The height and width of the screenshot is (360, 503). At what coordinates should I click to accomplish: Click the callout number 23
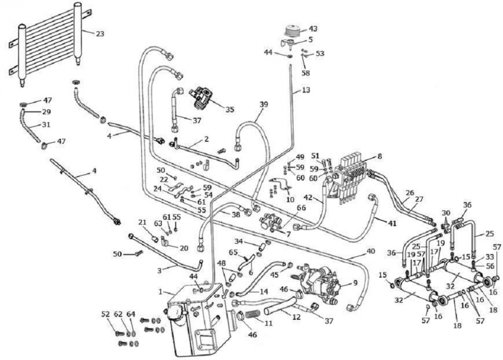click(x=100, y=34)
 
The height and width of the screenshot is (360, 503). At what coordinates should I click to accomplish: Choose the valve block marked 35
click(x=204, y=96)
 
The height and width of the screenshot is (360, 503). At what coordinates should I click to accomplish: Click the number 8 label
click(x=379, y=156)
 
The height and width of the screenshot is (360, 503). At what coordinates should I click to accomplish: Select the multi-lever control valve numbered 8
click(x=352, y=173)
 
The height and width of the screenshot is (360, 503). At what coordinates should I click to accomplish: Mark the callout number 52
click(x=105, y=314)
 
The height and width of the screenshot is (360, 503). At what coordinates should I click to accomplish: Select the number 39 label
click(x=264, y=104)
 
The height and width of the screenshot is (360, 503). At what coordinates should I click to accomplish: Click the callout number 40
click(x=371, y=251)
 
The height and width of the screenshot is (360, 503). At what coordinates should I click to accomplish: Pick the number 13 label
click(x=306, y=91)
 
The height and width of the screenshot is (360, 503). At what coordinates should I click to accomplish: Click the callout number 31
click(x=46, y=124)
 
